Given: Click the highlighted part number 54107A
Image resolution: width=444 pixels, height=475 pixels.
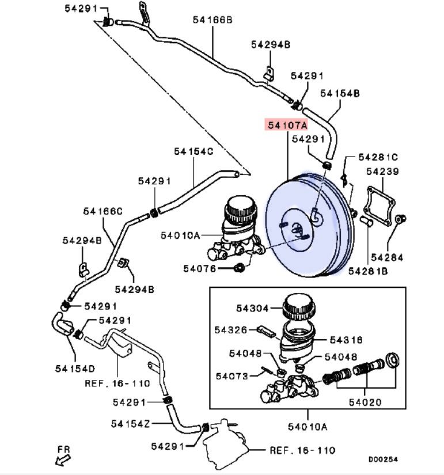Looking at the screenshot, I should click(x=286, y=124).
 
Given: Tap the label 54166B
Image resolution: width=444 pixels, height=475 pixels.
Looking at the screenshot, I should click(x=212, y=20).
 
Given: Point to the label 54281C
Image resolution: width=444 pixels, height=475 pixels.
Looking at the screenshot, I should click(x=378, y=157).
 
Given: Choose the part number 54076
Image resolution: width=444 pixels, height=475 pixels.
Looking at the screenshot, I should click(x=200, y=268).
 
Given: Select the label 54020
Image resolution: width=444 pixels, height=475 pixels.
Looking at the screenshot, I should click(x=365, y=402).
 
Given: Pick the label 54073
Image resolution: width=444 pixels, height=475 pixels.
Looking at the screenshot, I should click(x=232, y=376).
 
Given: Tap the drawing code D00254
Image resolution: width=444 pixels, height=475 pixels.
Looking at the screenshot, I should click(x=383, y=459).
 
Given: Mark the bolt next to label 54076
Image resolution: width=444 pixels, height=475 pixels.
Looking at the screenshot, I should click(x=241, y=268).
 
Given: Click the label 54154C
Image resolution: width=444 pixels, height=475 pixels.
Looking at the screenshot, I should click(x=193, y=151).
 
